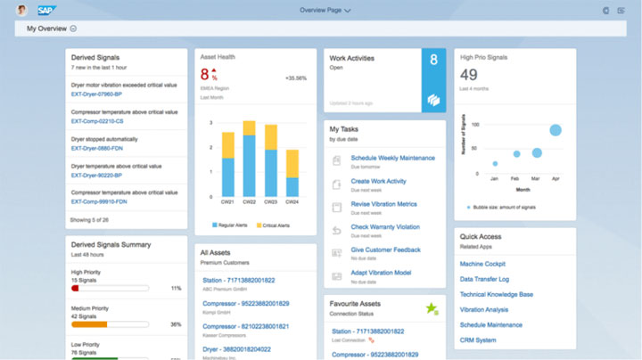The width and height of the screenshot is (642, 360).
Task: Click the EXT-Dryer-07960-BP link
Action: click(x=99, y=94)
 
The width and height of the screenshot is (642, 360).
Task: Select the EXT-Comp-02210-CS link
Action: click(x=97, y=121)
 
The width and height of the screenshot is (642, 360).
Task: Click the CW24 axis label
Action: click(x=291, y=203)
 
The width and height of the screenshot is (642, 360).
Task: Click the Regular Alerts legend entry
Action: click(x=235, y=225)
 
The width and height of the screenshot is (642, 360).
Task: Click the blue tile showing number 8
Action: click(x=433, y=80)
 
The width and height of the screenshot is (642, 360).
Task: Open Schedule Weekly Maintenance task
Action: click(x=392, y=158)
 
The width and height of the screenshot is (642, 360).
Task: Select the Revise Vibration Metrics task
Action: click(x=384, y=204)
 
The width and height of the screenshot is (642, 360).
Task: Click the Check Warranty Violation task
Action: click(x=385, y=227)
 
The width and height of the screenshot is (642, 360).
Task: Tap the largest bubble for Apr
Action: click(x=556, y=130)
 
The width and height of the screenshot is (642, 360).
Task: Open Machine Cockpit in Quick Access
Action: click(x=482, y=264)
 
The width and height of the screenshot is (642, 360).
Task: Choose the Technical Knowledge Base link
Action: click(x=496, y=294)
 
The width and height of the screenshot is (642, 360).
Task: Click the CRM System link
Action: click(x=478, y=340)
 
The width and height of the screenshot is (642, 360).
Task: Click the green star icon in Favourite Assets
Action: click(x=432, y=308)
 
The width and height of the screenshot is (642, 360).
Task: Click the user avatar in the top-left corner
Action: click(x=21, y=11)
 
